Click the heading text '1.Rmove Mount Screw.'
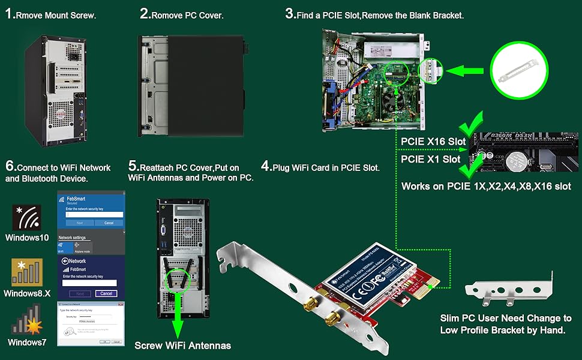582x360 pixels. point(50,15)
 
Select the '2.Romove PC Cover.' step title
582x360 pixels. point(182,15)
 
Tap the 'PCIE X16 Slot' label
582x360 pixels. point(433,141)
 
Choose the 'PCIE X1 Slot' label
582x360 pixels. point(430,160)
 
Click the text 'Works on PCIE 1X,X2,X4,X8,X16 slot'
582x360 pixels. point(486,186)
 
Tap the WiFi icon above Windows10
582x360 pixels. point(27,218)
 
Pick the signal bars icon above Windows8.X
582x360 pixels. point(27,273)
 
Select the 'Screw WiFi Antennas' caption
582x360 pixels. point(182,346)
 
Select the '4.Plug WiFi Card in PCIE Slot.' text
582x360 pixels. point(320,167)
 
